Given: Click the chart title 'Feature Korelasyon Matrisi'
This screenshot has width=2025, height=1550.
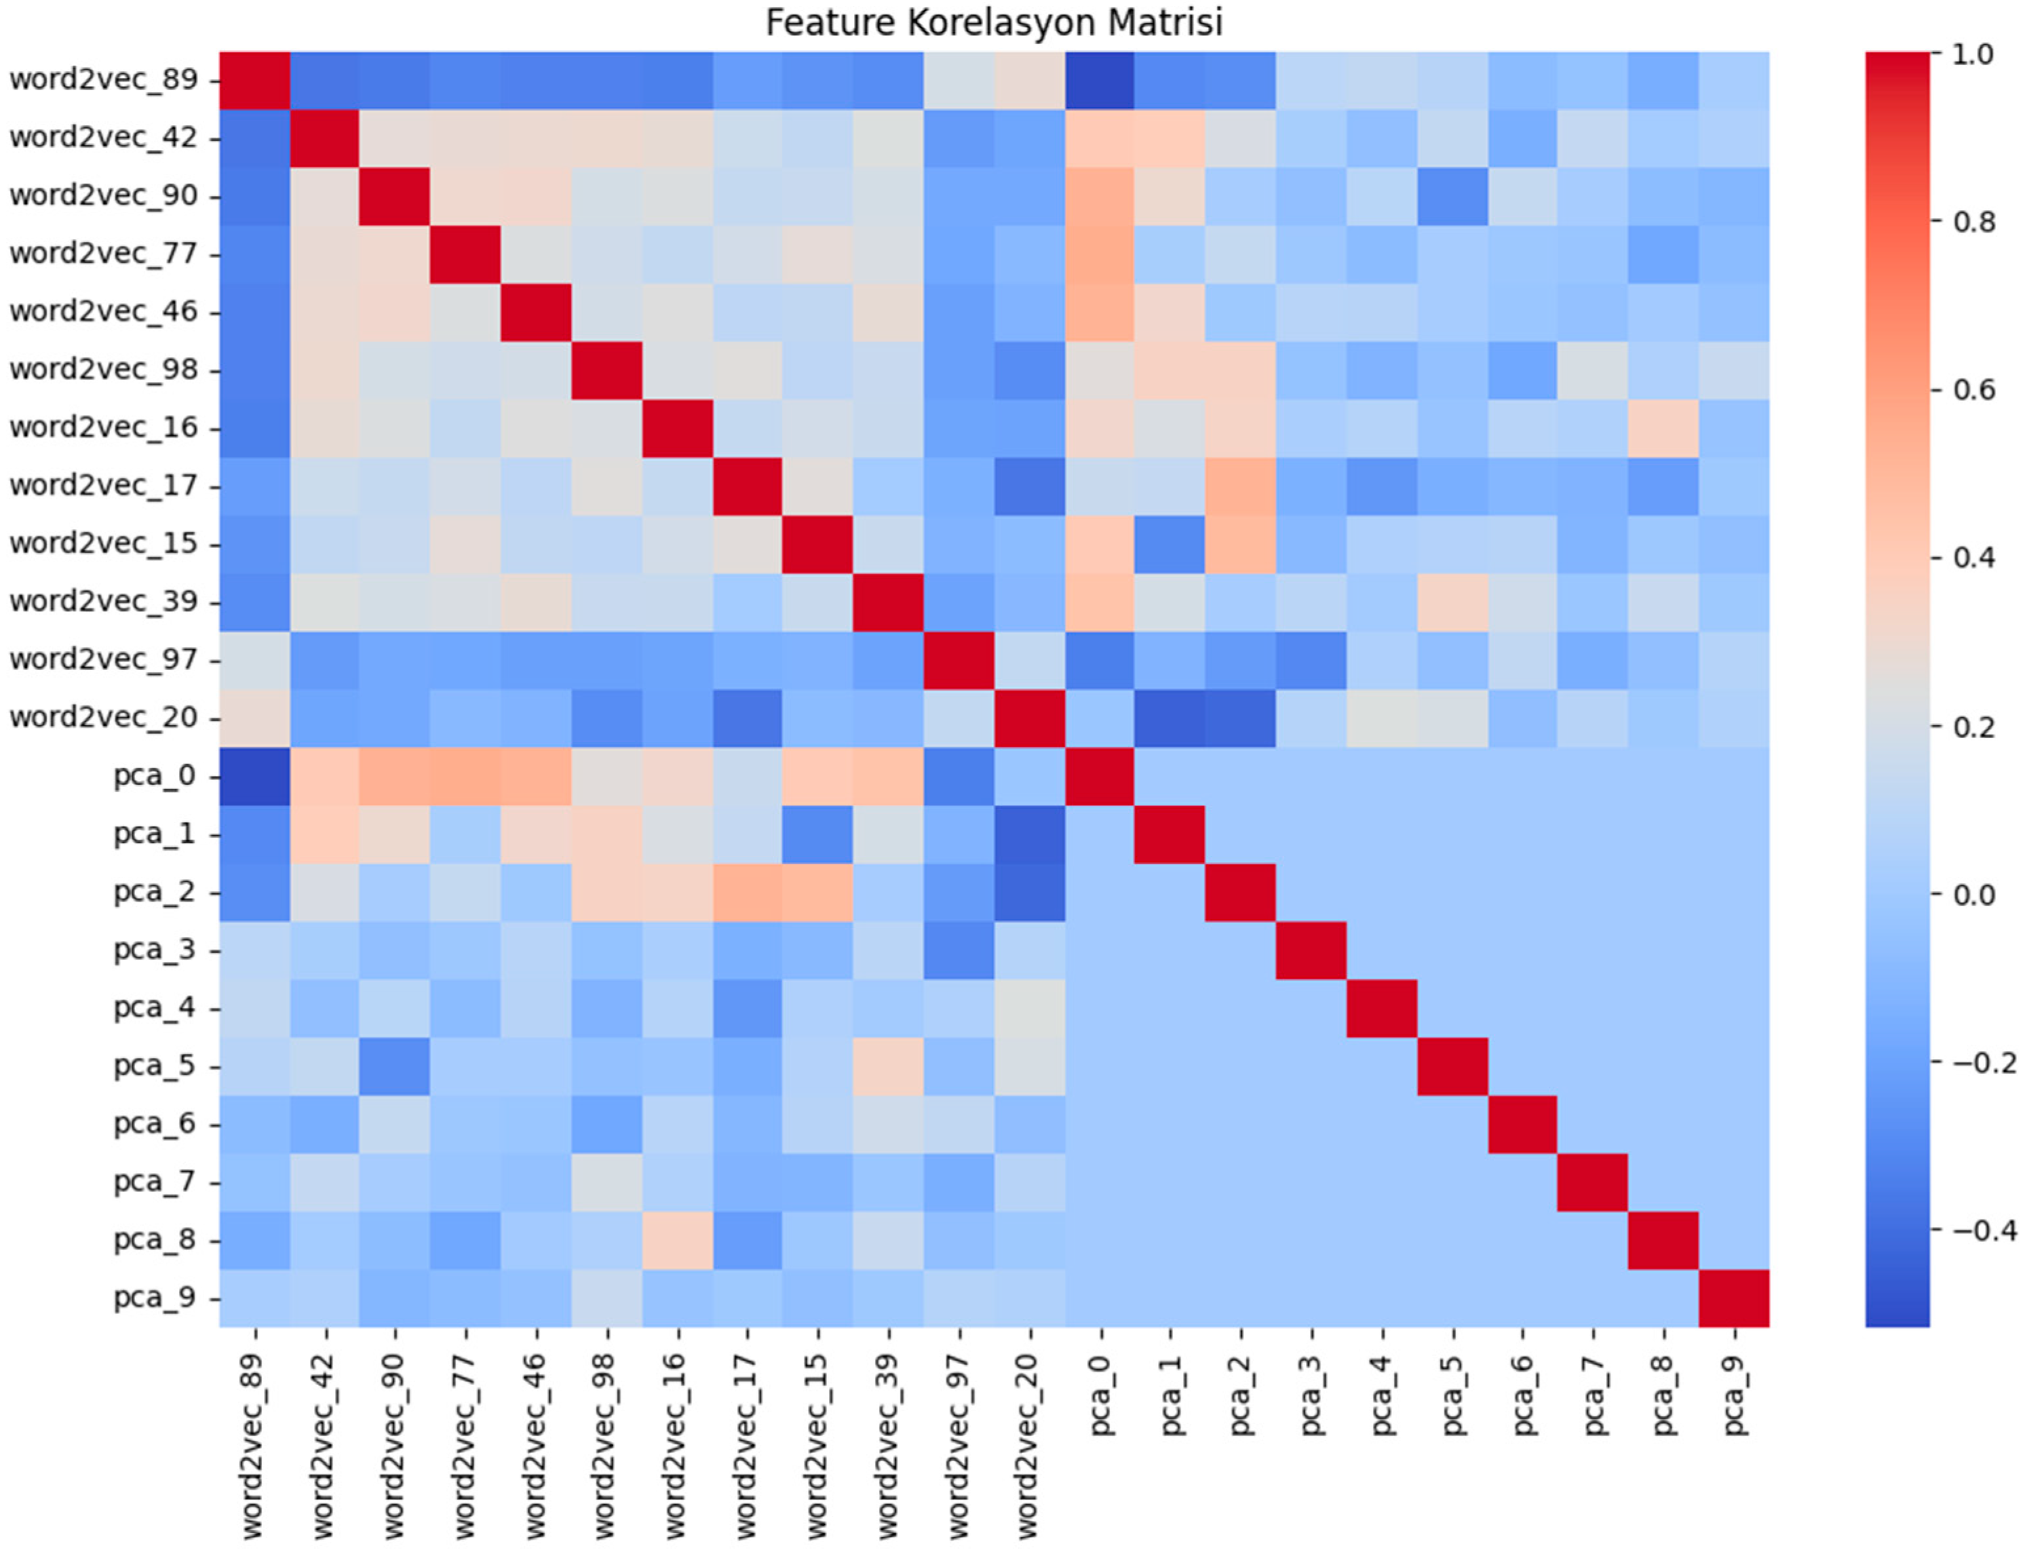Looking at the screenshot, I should tap(993, 22).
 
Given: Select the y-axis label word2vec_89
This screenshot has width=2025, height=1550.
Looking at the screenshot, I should tap(104, 80).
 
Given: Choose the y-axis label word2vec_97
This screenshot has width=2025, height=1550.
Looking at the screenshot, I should tap(104, 660).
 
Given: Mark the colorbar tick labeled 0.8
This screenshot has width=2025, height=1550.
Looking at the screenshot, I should tap(1975, 222).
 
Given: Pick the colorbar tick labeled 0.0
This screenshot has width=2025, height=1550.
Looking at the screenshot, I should tap(1975, 894).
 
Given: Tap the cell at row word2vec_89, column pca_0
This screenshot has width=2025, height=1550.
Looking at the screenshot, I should tap(1100, 80).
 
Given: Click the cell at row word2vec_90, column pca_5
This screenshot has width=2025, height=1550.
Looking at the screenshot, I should tap(1452, 197).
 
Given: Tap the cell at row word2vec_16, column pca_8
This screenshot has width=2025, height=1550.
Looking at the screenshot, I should tap(1663, 428).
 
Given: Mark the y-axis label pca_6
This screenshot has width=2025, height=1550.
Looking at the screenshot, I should tap(154, 1124).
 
